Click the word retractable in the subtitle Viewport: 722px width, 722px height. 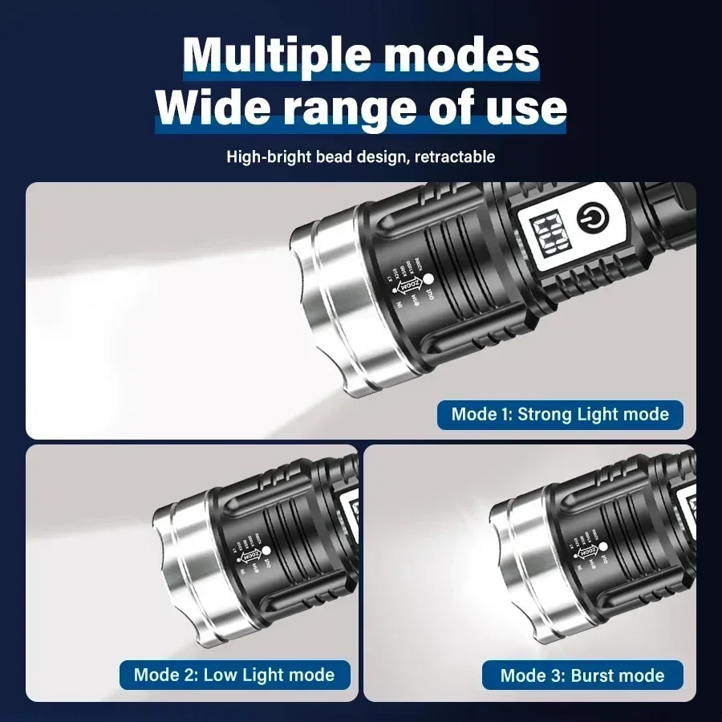tap(455, 156)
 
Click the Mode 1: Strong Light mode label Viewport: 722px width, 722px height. tap(560, 414)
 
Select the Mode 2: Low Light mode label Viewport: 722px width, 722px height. tap(234, 674)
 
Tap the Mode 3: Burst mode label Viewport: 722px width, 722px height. tap(582, 675)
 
